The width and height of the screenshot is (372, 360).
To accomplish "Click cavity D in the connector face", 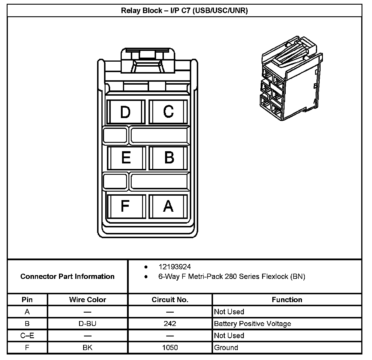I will [126, 112].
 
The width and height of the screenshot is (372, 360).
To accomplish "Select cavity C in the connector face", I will [169, 112].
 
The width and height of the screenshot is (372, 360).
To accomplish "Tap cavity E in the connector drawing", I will [126, 158].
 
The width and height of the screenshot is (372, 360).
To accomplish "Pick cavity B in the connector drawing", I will [169, 158].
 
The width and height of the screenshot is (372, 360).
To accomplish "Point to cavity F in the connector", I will [125, 206].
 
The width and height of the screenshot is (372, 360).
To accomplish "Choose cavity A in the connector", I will [168, 206].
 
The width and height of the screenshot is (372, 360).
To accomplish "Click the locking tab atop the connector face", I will [148, 61].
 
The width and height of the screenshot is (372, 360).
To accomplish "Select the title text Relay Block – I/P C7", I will [184, 11].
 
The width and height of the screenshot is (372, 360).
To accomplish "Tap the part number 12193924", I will [175, 267].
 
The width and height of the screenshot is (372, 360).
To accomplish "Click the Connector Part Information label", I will [67, 276].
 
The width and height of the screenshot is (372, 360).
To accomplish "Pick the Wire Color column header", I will [87, 300].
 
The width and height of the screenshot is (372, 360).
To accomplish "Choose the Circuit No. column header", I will [170, 300].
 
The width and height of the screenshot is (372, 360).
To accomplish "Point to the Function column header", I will [287, 300].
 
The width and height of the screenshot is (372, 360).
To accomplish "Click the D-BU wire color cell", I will [87, 324].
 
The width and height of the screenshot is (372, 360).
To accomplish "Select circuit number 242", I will [170, 324].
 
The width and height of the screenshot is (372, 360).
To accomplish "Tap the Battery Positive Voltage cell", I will [252, 324].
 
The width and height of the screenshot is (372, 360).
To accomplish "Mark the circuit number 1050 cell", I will [170, 347].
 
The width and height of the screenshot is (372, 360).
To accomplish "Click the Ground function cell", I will [226, 347].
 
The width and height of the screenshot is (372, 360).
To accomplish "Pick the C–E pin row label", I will [27, 336].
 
